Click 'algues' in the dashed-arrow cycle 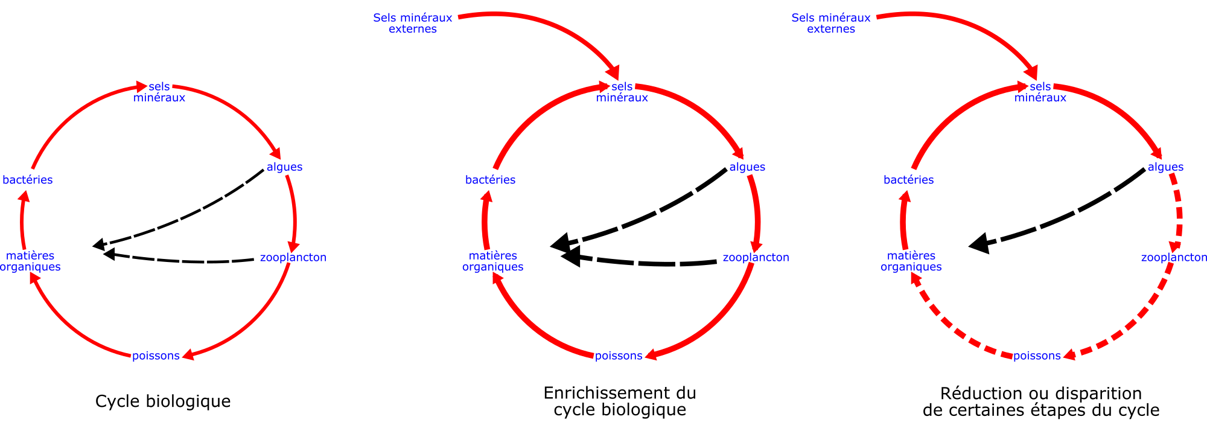(x=1165, y=167)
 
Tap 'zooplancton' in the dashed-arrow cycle (x=1173, y=258)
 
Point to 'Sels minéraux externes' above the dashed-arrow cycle (x=831, y=23)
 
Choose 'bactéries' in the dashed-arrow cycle (x=908, y=180)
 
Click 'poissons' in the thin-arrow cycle (x=156, y=356)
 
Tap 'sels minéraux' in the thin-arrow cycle (x=159, y=92)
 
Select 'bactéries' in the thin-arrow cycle (x=28, y=180)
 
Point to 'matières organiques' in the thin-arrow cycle (x=30, y=261)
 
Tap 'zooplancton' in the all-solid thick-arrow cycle (x=756, y=258)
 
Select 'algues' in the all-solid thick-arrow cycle (x=747, y=167)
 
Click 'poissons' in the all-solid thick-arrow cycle (x=619, y=356)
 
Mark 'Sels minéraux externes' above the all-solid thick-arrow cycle (x=413, y=23)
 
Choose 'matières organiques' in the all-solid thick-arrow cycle (x=493, y=261)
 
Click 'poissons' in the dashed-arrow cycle (x=1037, y=356)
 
